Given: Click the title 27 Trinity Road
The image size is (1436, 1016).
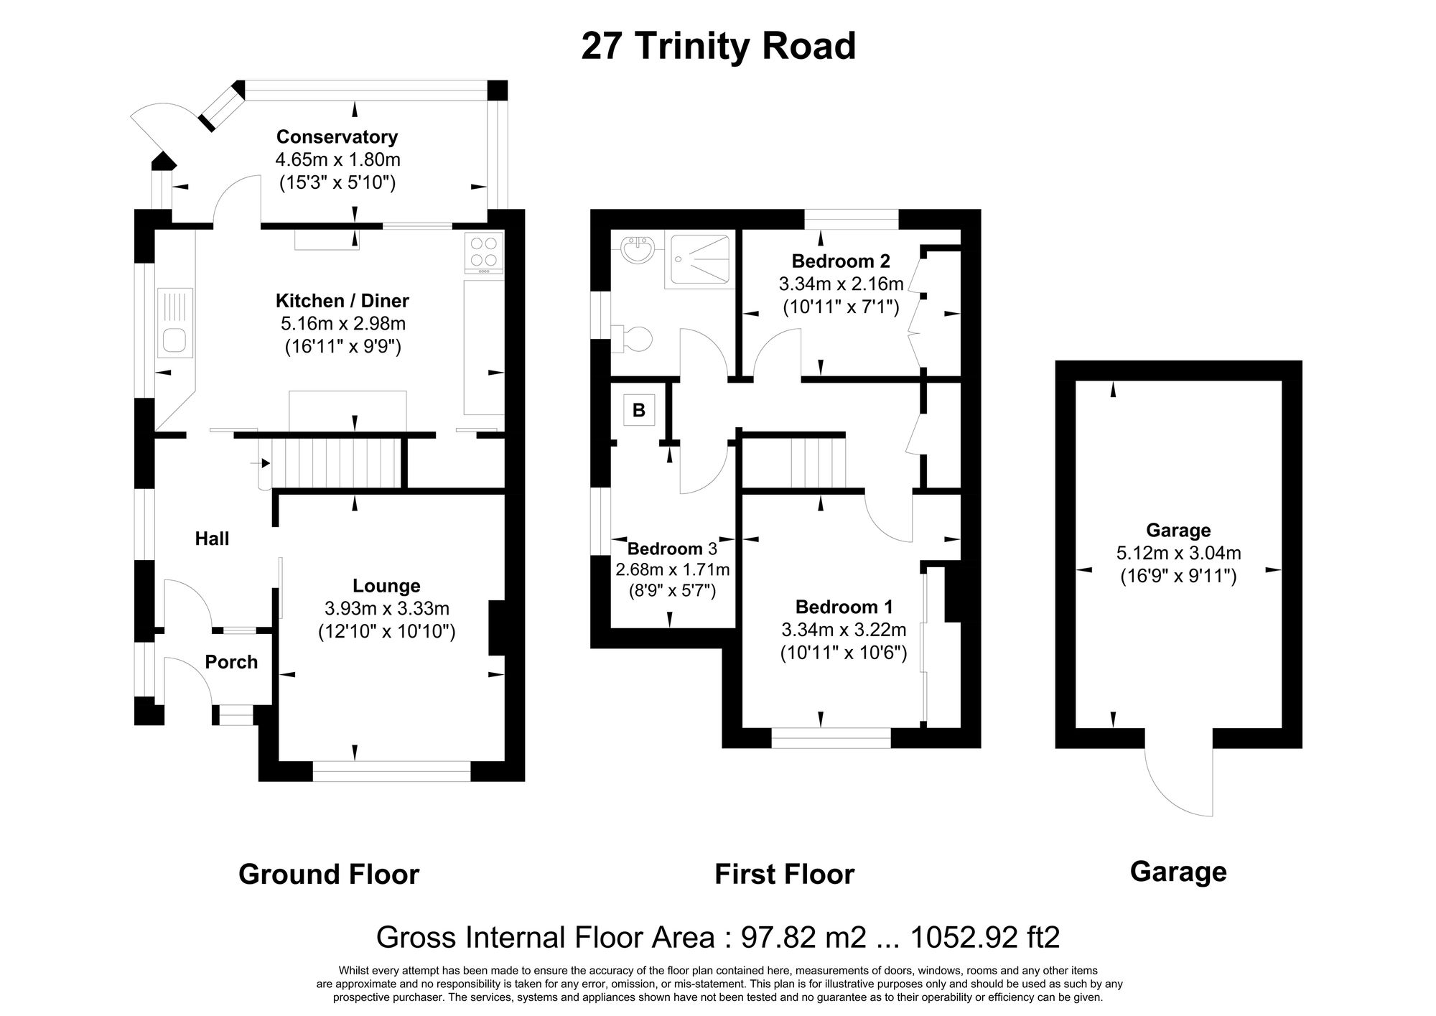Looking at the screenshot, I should pyautogui.click(x=718, y=47).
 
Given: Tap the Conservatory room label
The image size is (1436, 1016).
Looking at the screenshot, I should pyautogui.click(x=337, y=136).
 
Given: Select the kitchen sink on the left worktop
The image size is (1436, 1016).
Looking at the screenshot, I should pyautogui.click(x=174, y=339).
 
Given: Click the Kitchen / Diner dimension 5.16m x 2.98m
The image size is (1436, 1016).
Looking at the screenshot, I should pyautogui.click(x=343, y=324).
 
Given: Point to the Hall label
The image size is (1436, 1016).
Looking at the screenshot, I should pyautogui.click(x=213, y=539).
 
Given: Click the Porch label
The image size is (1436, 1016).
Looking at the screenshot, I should pyautogui.click(x=231, y=662).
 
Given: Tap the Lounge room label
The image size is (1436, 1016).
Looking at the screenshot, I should pyautogui.click(x=386, y=586).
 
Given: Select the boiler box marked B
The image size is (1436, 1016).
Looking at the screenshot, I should pyautogui.click(x=638, y=411).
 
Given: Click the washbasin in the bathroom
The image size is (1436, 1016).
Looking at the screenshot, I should pyautogui.click(x=637, y=251).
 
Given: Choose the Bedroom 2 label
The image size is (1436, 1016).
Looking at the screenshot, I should pyautogui.click(x=841, y=261).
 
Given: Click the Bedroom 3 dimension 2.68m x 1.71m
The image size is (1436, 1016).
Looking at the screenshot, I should pyautogui.click(x=672, y=570).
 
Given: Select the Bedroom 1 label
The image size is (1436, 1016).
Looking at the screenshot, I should pyautogui.click(x=844, y=607).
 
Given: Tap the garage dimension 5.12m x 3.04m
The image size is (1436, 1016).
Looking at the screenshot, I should pyautogui.click(x=1178, y=554).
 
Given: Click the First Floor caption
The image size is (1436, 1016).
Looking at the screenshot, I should pyautogui.click(x=784, y=875).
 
